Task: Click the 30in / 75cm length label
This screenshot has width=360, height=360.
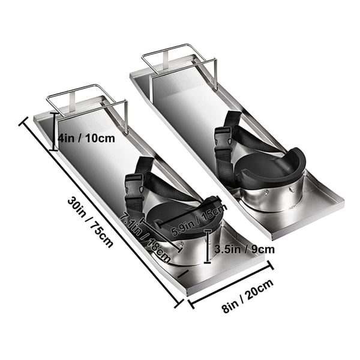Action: (x=90, y=222)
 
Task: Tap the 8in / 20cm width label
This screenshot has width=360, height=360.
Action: (x=248, y=296)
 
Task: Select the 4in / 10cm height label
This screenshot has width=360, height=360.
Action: (x=86, y=139)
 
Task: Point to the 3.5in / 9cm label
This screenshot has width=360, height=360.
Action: (x=245, y=249)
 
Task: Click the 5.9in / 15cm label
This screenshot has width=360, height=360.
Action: (x=199, y=220)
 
